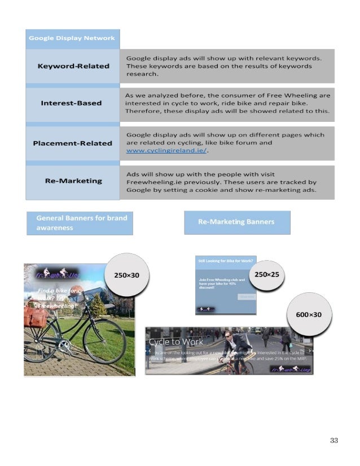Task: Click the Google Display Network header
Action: (72, 38)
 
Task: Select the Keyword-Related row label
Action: (73, 66)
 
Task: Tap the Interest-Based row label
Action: (72, 103)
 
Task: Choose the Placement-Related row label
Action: (73, 143)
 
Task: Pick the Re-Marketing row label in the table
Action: (73, 181)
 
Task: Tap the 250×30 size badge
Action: (126, 275)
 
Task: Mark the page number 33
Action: (333, 440)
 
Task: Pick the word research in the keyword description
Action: (142, 74)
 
